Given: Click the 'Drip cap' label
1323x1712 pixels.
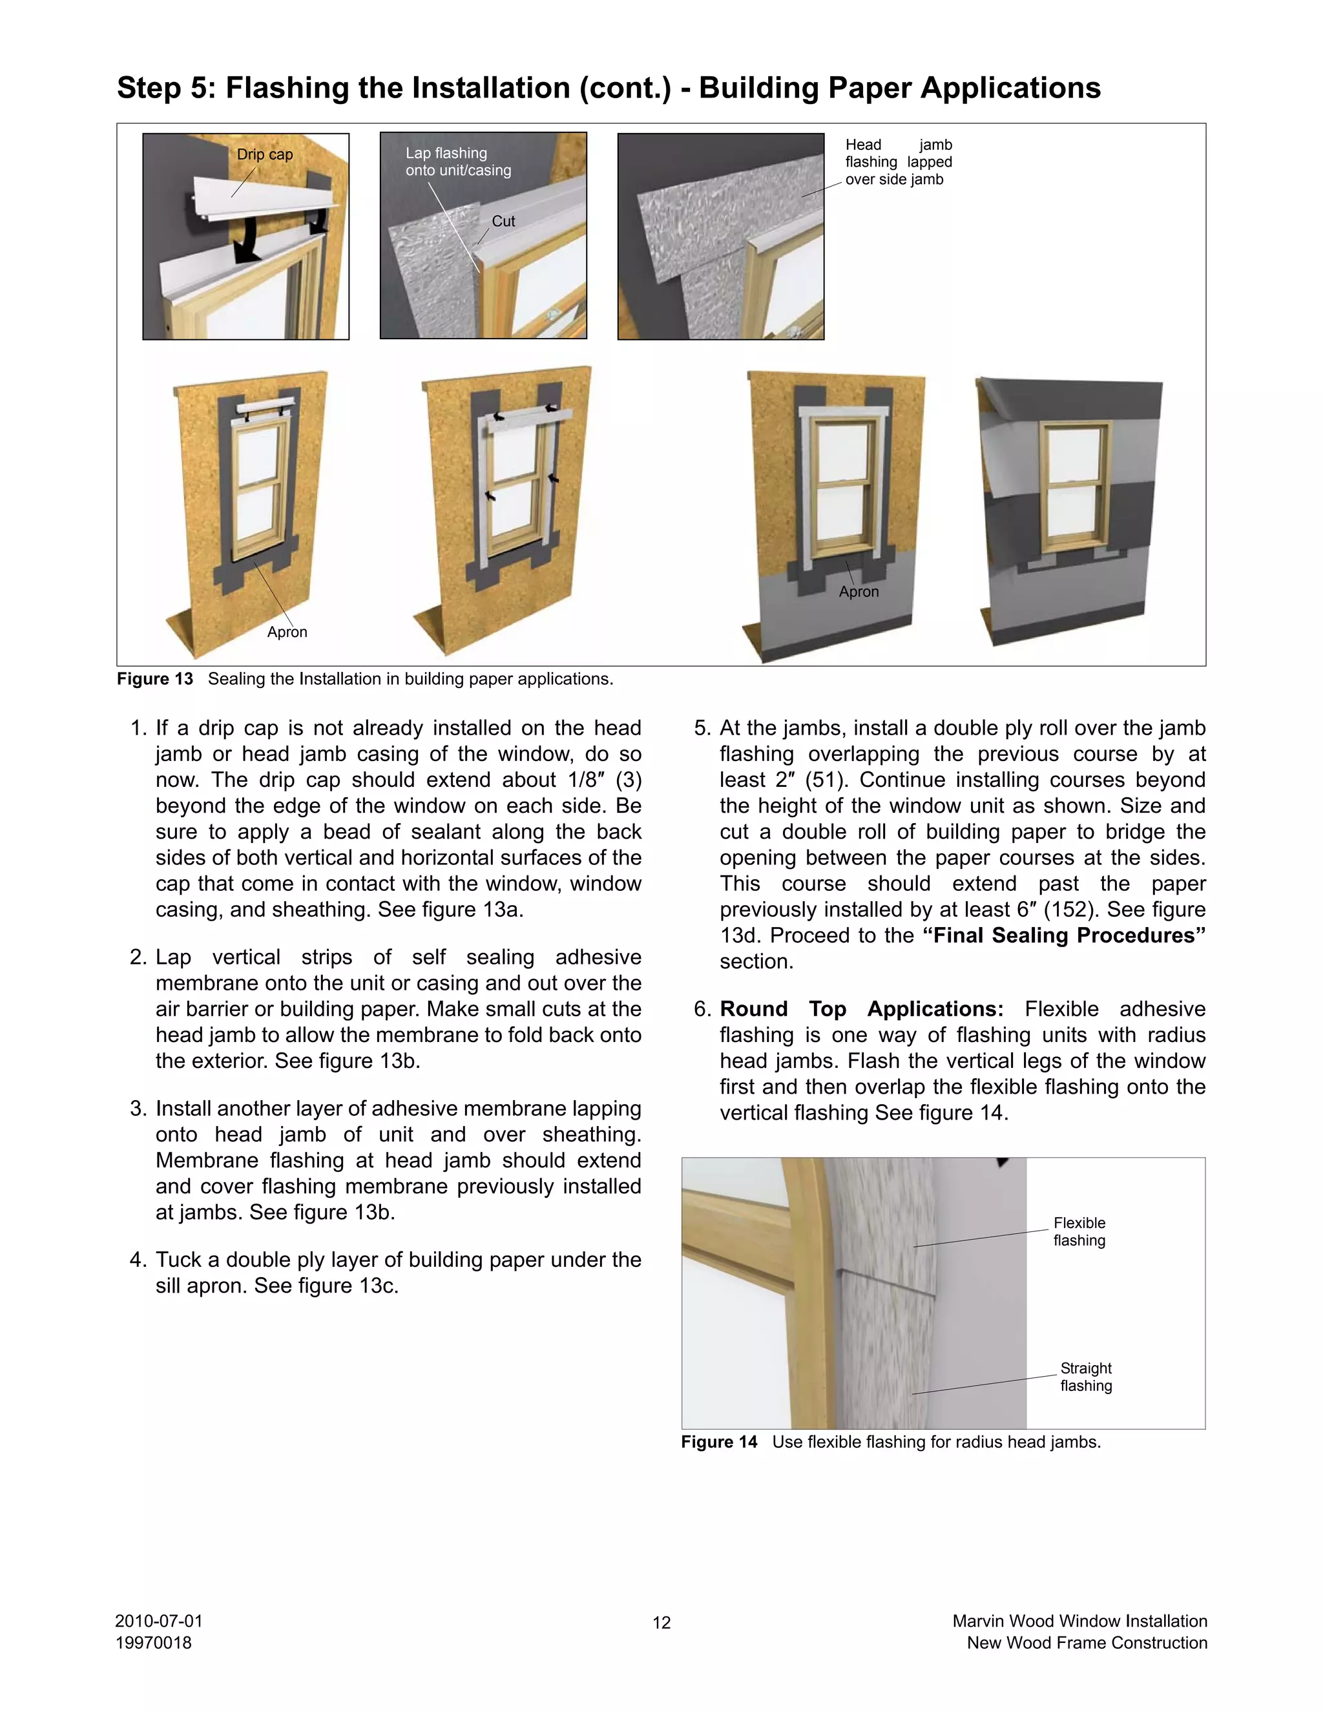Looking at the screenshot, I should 264,154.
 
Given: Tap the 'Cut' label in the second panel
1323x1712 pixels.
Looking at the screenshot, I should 503,221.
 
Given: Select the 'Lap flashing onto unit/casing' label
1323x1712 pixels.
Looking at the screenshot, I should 458,162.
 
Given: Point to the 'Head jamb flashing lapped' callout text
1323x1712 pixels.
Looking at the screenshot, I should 898,162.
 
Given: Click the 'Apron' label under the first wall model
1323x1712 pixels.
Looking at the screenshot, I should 287,632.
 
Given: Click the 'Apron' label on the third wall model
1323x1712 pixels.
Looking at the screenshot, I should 859,592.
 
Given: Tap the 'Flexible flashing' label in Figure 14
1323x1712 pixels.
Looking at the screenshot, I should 1079,1231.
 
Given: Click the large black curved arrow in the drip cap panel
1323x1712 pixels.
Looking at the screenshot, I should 250,242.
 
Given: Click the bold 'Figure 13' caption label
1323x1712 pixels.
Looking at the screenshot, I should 154,679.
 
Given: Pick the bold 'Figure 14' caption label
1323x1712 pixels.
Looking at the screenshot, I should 719,1441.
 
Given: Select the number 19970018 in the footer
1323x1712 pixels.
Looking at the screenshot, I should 153,1642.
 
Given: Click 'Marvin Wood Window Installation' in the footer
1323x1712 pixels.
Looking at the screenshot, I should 1079,1621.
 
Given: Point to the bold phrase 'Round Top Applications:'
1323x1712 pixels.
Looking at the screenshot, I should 861,1009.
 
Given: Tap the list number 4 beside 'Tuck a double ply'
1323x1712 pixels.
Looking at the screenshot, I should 138,1260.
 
